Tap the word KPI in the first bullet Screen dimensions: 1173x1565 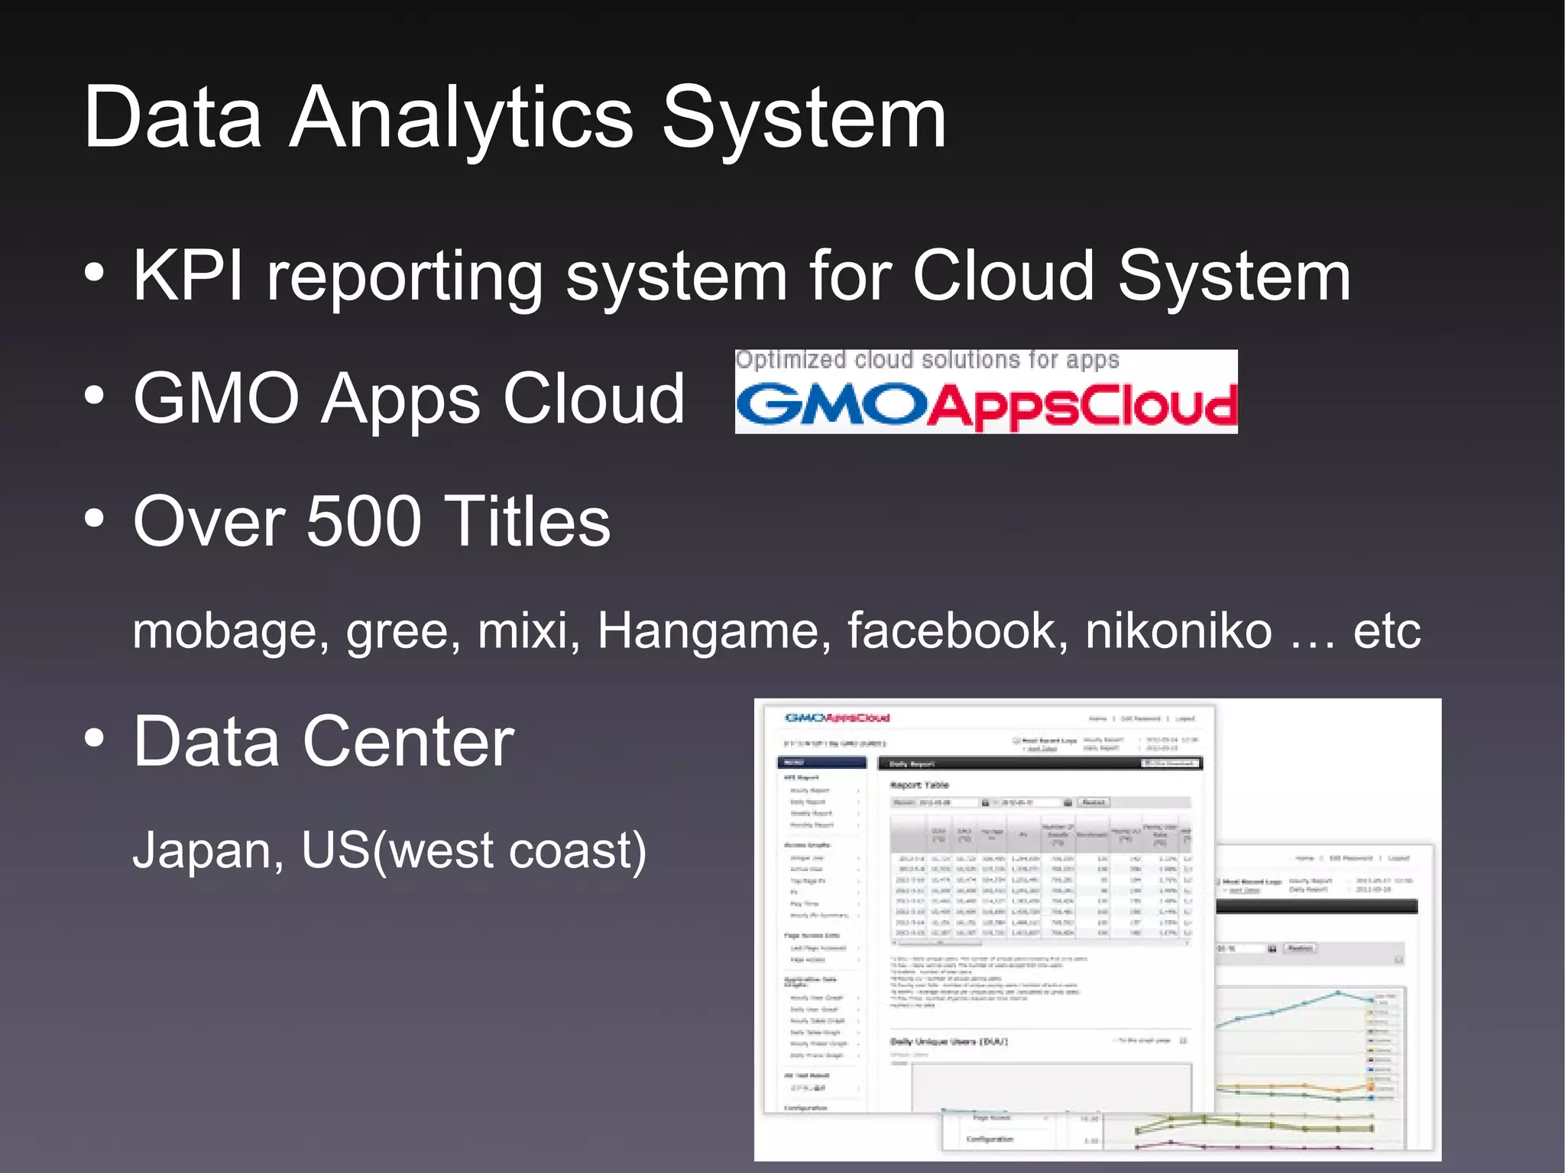tap(188, 276)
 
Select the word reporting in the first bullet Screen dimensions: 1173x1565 tap(404, 279)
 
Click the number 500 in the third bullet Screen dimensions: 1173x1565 tap(364, 521)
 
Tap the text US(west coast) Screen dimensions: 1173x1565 tap(474, 851)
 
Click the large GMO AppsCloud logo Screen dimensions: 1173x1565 tap(986, 405)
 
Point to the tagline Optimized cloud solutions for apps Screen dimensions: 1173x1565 tap(927, 360)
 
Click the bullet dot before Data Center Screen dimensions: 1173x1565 tap(94, 739)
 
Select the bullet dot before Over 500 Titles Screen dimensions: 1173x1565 tap(94, 520)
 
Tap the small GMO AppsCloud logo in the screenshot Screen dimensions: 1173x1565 tap(838, 718)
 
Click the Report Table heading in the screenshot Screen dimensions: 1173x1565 tap(919, 785)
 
